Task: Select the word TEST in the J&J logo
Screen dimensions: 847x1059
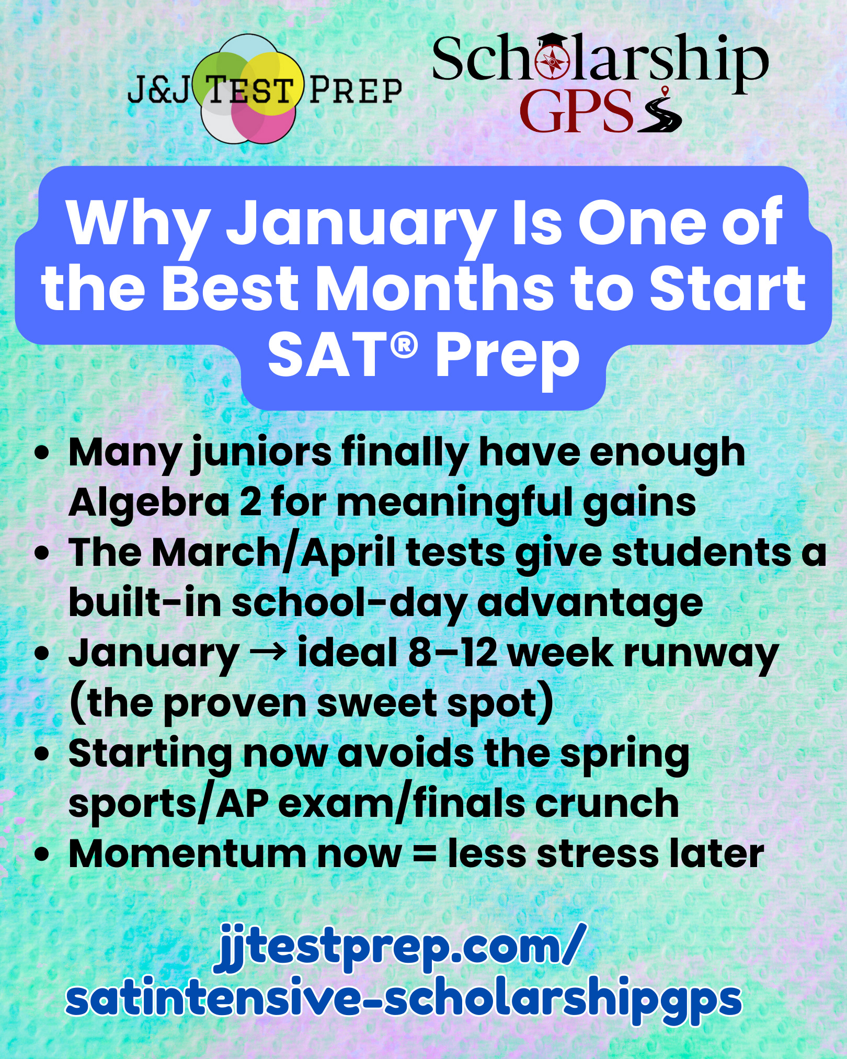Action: click(x=248, y=89)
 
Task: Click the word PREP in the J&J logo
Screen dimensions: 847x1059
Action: click(x=355, y=89)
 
